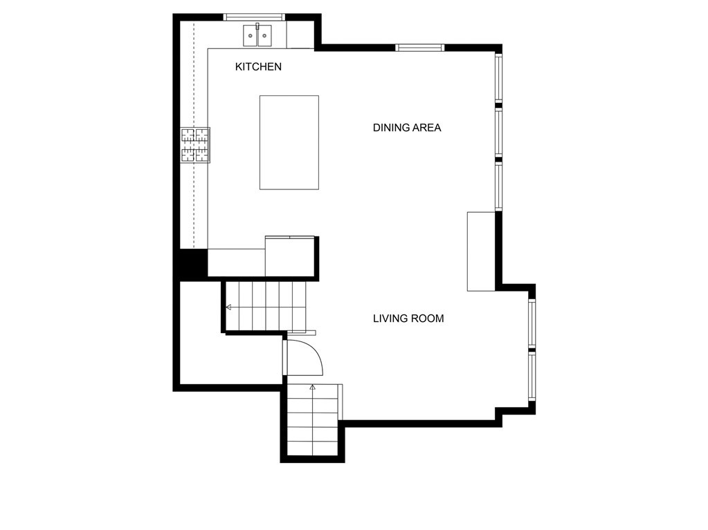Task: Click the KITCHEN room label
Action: click(258, 67)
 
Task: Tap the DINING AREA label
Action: click(407, 128)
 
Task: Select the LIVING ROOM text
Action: click(408, 319)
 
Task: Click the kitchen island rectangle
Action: click(289, 142)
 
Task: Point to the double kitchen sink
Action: click(257, 35)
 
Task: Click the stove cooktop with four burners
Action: click(195, 145)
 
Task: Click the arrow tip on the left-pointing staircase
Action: click(227, 307)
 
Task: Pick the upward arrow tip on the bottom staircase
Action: click(312, 386)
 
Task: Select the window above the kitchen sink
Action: click(255, 17)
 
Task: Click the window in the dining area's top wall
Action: click(420, 48)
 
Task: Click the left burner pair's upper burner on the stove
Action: click(188, 135)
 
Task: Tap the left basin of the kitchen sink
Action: click(250, 35)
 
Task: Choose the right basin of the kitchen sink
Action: click(264, 35)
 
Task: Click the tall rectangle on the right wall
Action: click(481, 252)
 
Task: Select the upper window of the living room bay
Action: click(532, 323)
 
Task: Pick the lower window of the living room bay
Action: click(532, 377)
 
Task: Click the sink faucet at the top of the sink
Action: click(257, 26)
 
